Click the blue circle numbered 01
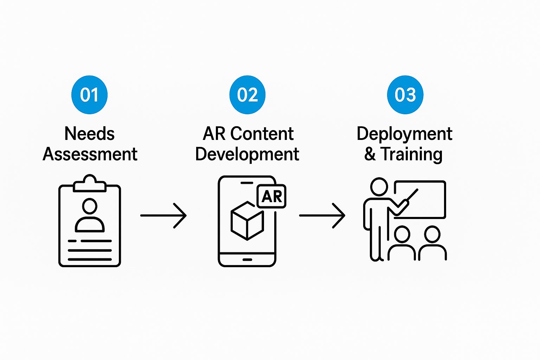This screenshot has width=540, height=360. (89, 95)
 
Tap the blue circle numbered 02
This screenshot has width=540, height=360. (247, 95)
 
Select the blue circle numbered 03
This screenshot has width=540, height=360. (405, 95)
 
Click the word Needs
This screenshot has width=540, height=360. (90, 134)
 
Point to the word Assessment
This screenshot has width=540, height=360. (90, 154)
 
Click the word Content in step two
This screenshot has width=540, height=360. (262, 134)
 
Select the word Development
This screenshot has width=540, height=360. (247, 154)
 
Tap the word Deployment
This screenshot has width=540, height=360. (404, 134)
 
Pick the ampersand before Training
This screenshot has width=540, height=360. (370, 154)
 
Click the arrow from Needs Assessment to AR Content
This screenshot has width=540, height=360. (163, 215)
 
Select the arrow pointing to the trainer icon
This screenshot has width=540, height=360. (322, 215)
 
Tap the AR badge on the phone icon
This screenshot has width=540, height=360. (272, 196)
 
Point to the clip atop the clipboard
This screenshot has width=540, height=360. (90, 184)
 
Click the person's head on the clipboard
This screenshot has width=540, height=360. (90, 206)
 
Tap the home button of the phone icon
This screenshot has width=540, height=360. (247, 259)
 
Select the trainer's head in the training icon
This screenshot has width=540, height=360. (379, 187)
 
